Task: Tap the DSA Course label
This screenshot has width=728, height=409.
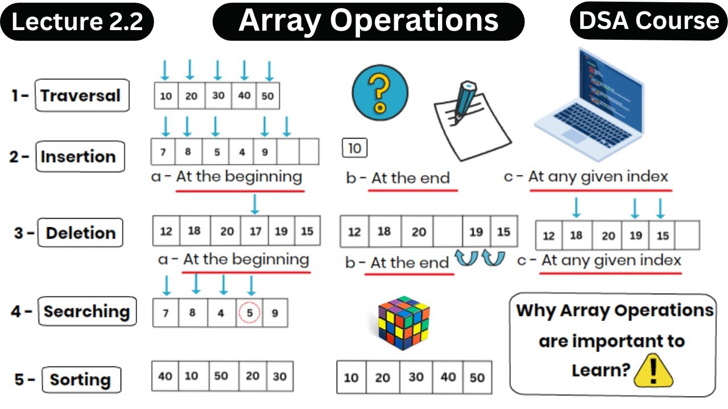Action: pos(648,21)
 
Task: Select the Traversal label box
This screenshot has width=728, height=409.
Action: pos(81,95)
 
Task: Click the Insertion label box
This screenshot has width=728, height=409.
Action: pos(79,156)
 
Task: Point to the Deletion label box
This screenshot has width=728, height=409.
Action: pos(80,233)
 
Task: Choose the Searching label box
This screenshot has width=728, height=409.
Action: pos(87,311)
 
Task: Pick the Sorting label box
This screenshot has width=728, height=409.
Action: pos(80,379)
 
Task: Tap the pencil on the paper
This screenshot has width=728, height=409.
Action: pos(464,102)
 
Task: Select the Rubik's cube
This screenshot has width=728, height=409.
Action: pos(403,322)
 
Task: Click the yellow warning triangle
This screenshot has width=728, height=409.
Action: pos(653,372)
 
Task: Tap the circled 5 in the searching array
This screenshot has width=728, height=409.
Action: pos(249,312)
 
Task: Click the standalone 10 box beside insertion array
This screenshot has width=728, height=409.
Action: pos(355,148)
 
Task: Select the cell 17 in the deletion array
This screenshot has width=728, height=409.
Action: pos(255,231)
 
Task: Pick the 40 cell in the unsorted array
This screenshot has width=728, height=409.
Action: pos(165,376)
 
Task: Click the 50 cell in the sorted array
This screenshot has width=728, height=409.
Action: pos(477,377)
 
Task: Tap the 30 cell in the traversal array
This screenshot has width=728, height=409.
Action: pos(218,95)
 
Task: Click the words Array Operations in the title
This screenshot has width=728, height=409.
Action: pos(369,21)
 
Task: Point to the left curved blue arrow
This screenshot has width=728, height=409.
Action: pos(467,258)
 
